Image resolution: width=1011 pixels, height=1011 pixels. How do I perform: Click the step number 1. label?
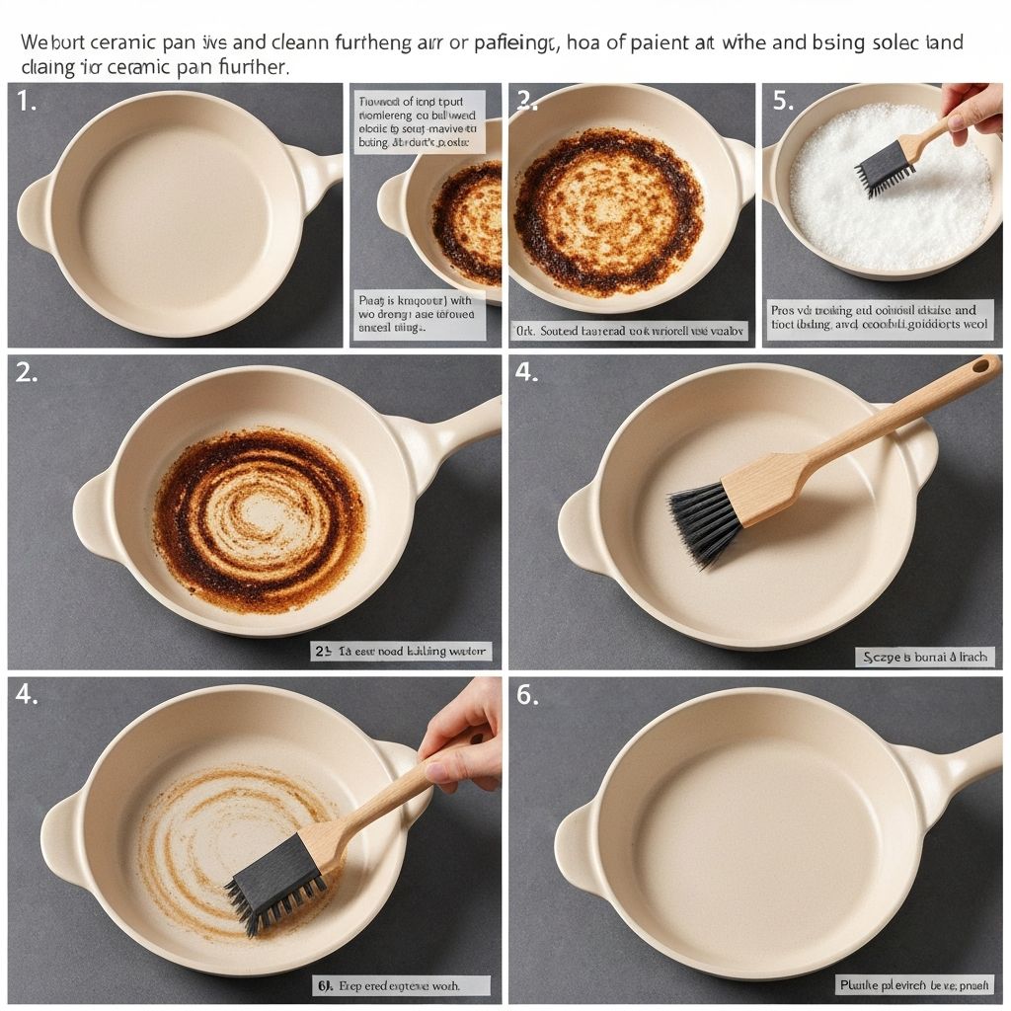pos(27,102)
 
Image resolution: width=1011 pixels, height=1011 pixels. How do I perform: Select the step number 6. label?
pos(527,695)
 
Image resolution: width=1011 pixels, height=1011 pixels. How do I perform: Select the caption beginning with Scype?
pos(924,657)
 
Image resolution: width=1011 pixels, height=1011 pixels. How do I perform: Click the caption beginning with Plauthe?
pos(914,984)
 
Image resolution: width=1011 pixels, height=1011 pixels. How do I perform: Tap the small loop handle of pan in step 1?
pos(37,212)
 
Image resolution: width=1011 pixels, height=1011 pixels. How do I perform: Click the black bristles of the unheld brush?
pos(706,522)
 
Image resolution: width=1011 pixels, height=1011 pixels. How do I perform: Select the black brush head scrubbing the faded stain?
pos(276,883)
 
